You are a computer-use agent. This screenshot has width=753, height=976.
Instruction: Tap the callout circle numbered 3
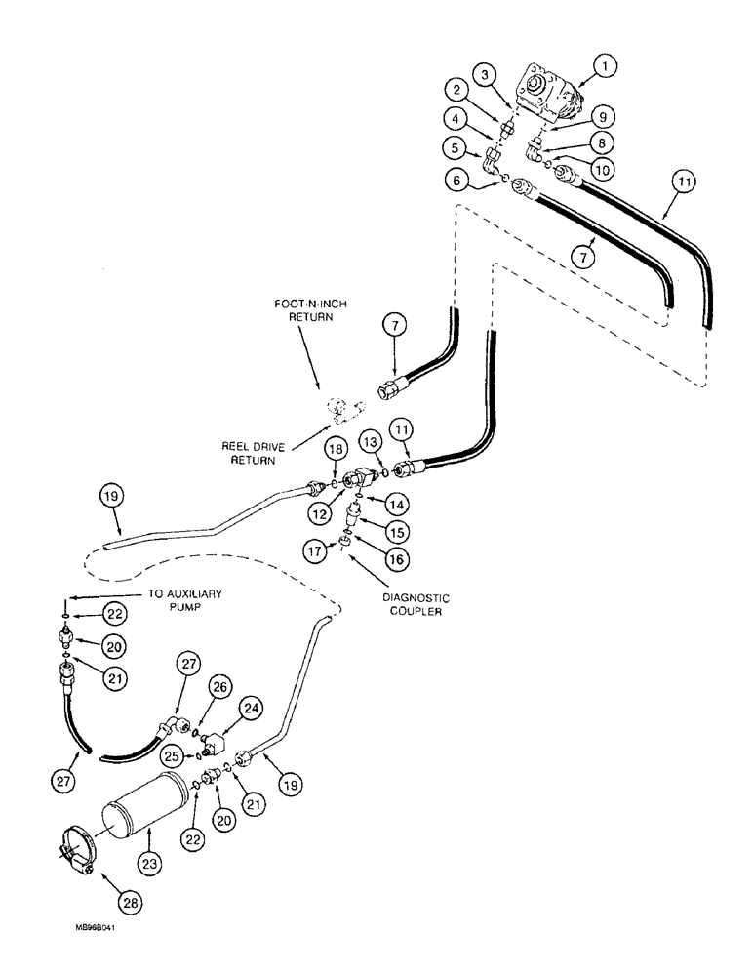pyautogui.click(x=484, y=74)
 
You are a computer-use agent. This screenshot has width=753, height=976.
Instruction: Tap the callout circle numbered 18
pyautogui.click(x=334, y=448)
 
